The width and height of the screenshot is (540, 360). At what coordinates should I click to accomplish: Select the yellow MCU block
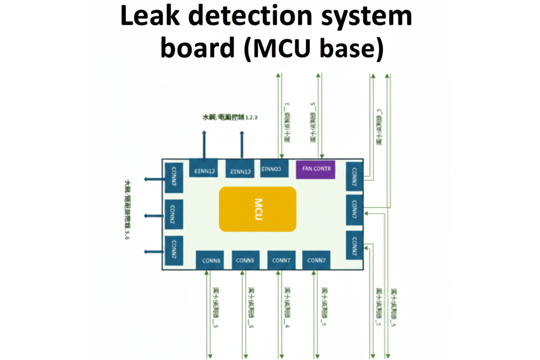pyautogui.click(x=257, y=209)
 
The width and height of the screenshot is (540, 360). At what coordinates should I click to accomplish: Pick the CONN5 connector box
pyautogui.click(x=245, y=260)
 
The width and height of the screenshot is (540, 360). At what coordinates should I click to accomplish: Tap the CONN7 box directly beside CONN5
pyautogui.click(x=281, y=260)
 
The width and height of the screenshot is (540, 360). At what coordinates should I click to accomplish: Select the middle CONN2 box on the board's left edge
pyautogui.click(x=173, y=214)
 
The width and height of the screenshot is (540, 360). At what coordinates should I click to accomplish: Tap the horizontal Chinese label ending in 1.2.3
pyautogui.click(x=230, y=117)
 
